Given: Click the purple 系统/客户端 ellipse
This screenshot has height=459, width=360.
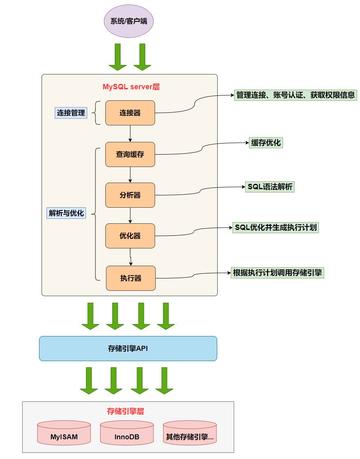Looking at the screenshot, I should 128,21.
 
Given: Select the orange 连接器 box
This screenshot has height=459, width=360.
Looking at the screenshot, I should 130,113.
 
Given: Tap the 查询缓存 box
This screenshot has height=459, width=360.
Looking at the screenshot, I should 130,154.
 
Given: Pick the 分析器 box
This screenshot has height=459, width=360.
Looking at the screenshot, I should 130,195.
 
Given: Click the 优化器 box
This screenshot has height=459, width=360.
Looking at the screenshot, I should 130,236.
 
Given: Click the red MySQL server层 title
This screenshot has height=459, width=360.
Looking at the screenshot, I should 131,87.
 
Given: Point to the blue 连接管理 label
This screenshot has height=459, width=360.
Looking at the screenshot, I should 71,112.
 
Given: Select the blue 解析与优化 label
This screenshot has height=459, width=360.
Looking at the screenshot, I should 66,213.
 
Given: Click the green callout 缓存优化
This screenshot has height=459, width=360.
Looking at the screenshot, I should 266,143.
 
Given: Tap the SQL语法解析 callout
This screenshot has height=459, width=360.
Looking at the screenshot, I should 270,187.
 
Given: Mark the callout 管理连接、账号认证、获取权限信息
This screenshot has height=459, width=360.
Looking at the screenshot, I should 295,95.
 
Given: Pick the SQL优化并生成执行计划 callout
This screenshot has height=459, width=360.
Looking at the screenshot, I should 276,227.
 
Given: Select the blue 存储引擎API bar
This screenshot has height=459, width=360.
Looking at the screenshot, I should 128,348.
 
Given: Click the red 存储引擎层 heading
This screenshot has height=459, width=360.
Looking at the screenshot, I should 125,411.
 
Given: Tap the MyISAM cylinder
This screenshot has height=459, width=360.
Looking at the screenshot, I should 64,434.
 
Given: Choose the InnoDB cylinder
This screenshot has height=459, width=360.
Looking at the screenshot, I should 127,434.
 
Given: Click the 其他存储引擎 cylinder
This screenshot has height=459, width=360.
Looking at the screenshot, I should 190,434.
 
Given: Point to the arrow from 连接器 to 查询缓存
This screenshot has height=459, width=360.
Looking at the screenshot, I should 130,133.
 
